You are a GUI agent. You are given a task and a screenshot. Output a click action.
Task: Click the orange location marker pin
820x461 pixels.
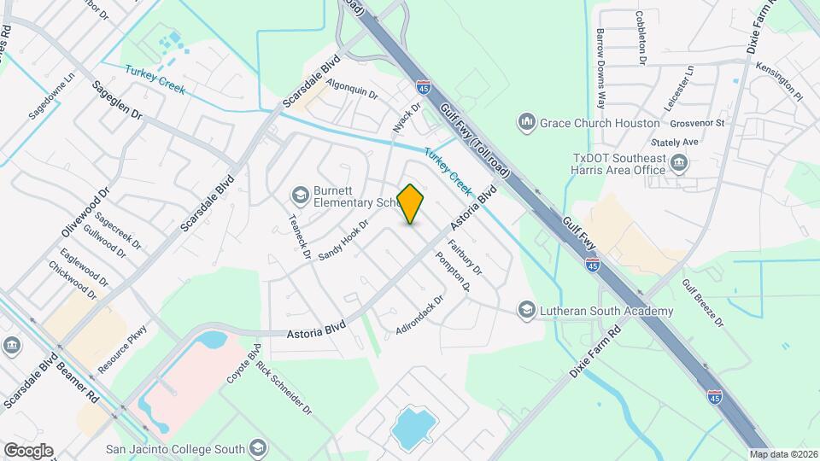click(x=411, y=204)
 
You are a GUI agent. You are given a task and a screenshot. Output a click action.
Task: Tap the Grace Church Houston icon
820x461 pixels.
click(x=526, y=123)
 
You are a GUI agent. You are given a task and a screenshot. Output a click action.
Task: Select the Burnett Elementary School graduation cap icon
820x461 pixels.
click(x=300, y=195)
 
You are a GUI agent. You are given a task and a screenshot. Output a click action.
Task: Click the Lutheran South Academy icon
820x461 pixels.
click(x=526, y=310)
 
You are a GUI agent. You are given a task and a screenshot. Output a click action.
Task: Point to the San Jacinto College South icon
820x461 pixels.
click(x=258, y=448)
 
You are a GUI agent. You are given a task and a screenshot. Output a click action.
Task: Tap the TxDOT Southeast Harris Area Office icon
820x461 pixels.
click(x=680, y=163)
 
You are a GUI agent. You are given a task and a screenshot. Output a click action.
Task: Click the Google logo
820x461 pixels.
click(x=28, y=451)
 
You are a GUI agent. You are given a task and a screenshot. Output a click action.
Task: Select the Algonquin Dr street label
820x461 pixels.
click(x=352, y=90)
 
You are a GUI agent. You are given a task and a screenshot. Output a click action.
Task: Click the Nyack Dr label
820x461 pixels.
click(x=407, y=118)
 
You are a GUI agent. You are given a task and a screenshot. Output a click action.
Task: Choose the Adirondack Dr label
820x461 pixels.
click(x=420, y=315)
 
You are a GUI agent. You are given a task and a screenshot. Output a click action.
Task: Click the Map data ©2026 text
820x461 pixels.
click(x=782, y=454)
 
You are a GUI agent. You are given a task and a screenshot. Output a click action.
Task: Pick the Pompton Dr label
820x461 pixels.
click(x=453, y=271)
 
